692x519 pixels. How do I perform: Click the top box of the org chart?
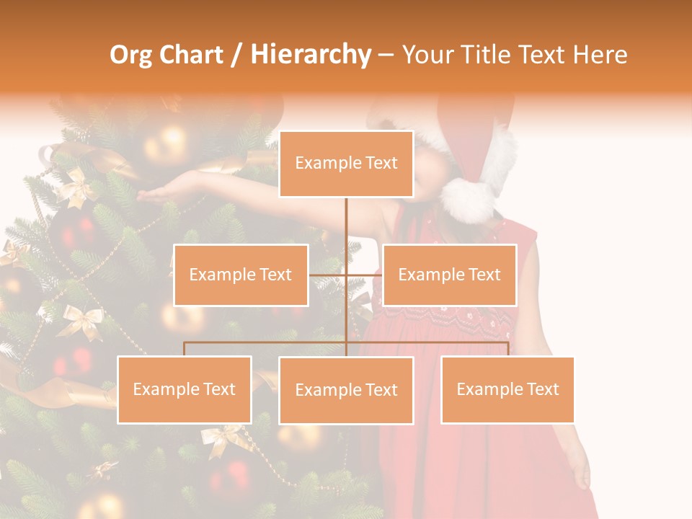[x=346, y=164]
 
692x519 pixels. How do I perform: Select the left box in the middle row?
[x=241, y=275]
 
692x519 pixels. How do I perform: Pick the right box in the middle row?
[x=449, y=275]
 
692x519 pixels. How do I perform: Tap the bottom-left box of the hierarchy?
[x=185, y=389]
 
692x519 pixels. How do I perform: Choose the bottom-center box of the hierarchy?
[x=346, y=390]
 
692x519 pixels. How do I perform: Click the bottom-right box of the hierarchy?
[x=507, y=389]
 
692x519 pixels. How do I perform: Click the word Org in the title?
[x=130, y=56]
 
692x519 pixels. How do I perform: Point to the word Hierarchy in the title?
[x=310, y=56]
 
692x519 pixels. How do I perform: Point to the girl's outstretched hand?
[x=155, y=192]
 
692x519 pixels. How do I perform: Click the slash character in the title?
[x=236, y=56]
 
